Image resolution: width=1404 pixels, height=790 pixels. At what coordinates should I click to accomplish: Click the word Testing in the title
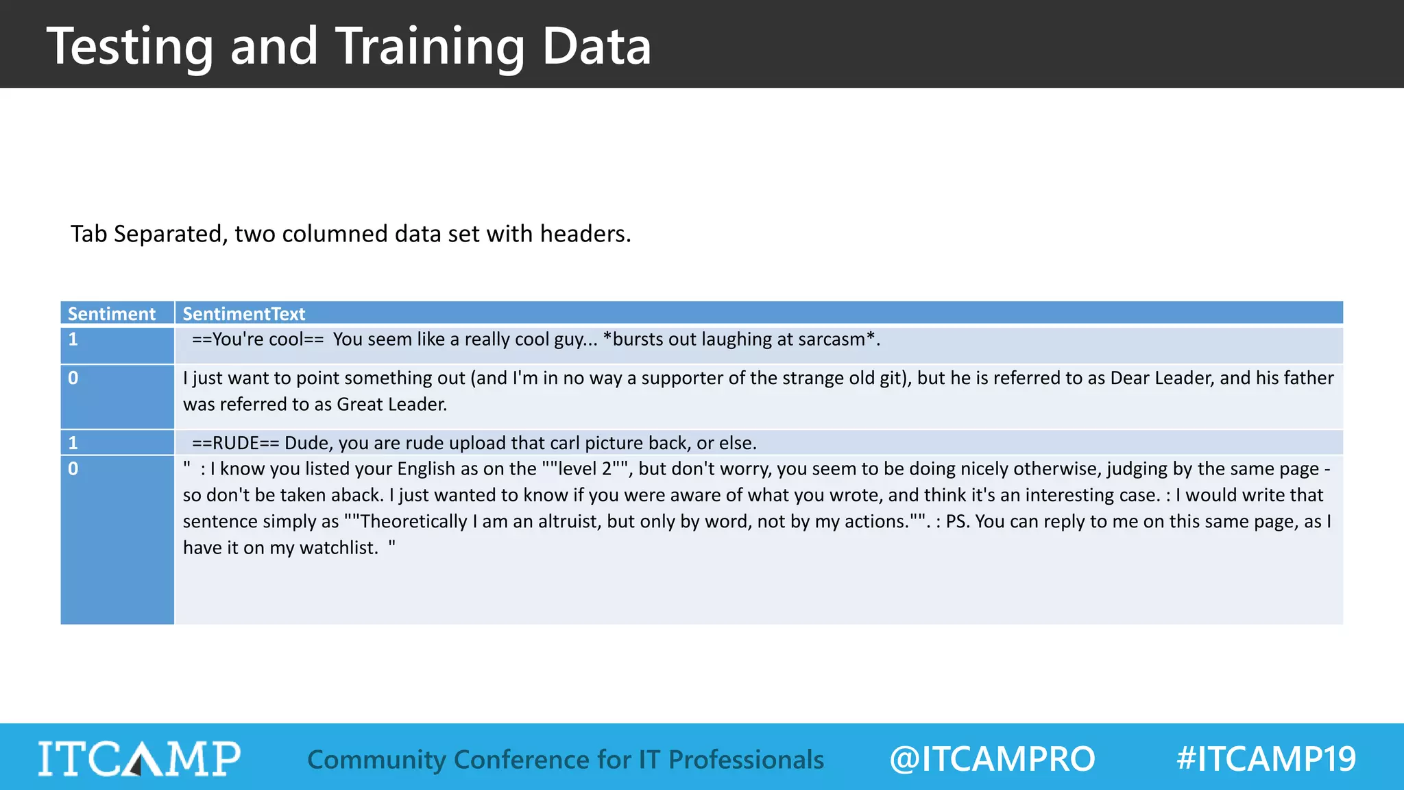[x=130, y=47]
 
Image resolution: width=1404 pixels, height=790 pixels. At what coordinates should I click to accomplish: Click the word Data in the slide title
[x=596, y=47]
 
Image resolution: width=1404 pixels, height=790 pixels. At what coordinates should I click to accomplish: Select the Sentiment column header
[x=112, y=313]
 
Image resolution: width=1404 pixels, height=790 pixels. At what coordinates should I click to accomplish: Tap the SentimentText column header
[x=243, y=313]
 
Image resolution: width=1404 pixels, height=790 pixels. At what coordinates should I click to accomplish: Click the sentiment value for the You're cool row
[x=73, y=339]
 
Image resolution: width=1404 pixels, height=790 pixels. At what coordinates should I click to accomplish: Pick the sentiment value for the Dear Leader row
[x=73, y=378]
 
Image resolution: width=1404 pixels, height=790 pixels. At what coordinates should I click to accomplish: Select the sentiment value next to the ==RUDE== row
[x=73, y=442]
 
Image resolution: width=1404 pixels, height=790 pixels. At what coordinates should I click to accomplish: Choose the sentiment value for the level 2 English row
[x=73, y=468]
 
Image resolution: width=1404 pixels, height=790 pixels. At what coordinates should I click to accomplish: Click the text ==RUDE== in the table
[x=236, y=443]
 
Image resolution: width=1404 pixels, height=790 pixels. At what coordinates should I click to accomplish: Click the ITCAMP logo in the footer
[x=139, y=758]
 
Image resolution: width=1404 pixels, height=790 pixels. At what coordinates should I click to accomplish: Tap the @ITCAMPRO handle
[x=991, y=759]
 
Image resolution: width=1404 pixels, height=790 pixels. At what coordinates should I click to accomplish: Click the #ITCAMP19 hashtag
[x=1266, y=759]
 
